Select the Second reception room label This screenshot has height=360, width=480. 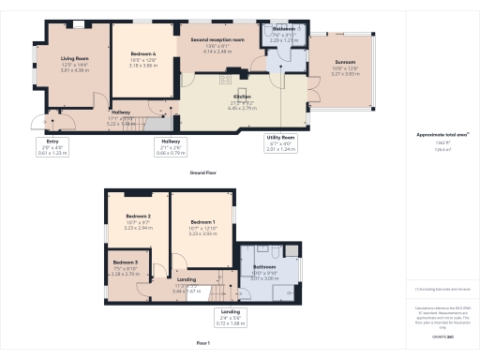(217, 40)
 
